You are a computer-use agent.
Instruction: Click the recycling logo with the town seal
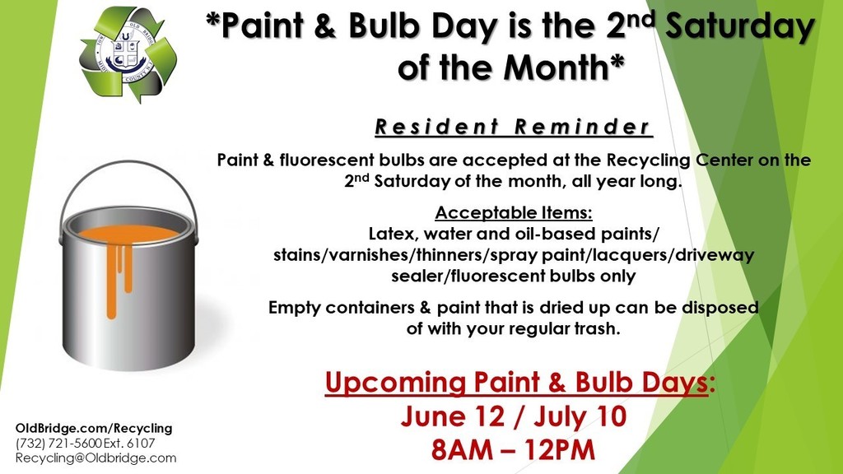pyautogui.click(x=128, y=54)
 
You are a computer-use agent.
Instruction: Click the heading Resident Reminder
pyautogui.click(x=514, y=127)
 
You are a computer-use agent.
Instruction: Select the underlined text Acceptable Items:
pyautogui.click(x=514, y=213)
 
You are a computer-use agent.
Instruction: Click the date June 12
pyautogui.click(x=453, y=417)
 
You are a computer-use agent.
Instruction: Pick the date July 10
pyautogui.click(x=580, y=417)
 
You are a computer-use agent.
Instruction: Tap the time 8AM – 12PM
pyautogui.click(x=514, y=450)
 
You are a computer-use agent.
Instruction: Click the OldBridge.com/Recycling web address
pyautogui.click(x=94, y=428)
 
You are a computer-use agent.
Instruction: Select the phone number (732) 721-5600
pyautogui.click(x=58, y=444)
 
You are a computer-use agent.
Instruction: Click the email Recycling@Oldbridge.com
pyautogui.click(x=95, y=458)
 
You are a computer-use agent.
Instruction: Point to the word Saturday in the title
pyautogui.click(x=740, y=27)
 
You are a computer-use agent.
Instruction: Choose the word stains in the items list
pyautogui.click(x=296, y=255)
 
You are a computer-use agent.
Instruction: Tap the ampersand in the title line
pyautogui.click(x=325, y=27)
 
